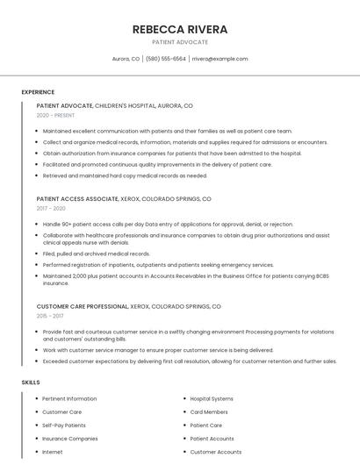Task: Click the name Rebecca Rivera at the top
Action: click(x=180, y=29)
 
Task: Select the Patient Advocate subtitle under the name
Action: click(x=180, y=42)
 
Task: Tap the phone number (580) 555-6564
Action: click(x=165, y=59)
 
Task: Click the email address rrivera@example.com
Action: click(x=220, y=59)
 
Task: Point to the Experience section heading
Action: click(x=38, y=92)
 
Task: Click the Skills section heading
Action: click(x=31, y=383)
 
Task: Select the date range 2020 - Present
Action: click(x=55, y=115)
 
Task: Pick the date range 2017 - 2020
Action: click(x=51, y=208)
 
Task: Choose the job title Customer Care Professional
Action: click(x=83, y=306)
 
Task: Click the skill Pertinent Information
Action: click(x=69, y=399)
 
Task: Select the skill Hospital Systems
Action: click(x=212, y=399)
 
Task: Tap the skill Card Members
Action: click(x=209, y=412)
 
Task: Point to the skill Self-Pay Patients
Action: click(x=64, y=426)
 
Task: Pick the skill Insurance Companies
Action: click(x=70, y=439)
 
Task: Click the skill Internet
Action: click(x=53, y=452)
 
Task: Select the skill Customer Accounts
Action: click(x=216, y=452)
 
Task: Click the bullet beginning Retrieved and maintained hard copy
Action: click(x=125, y=175)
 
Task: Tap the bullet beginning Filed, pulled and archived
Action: click(x=96, y=254)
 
